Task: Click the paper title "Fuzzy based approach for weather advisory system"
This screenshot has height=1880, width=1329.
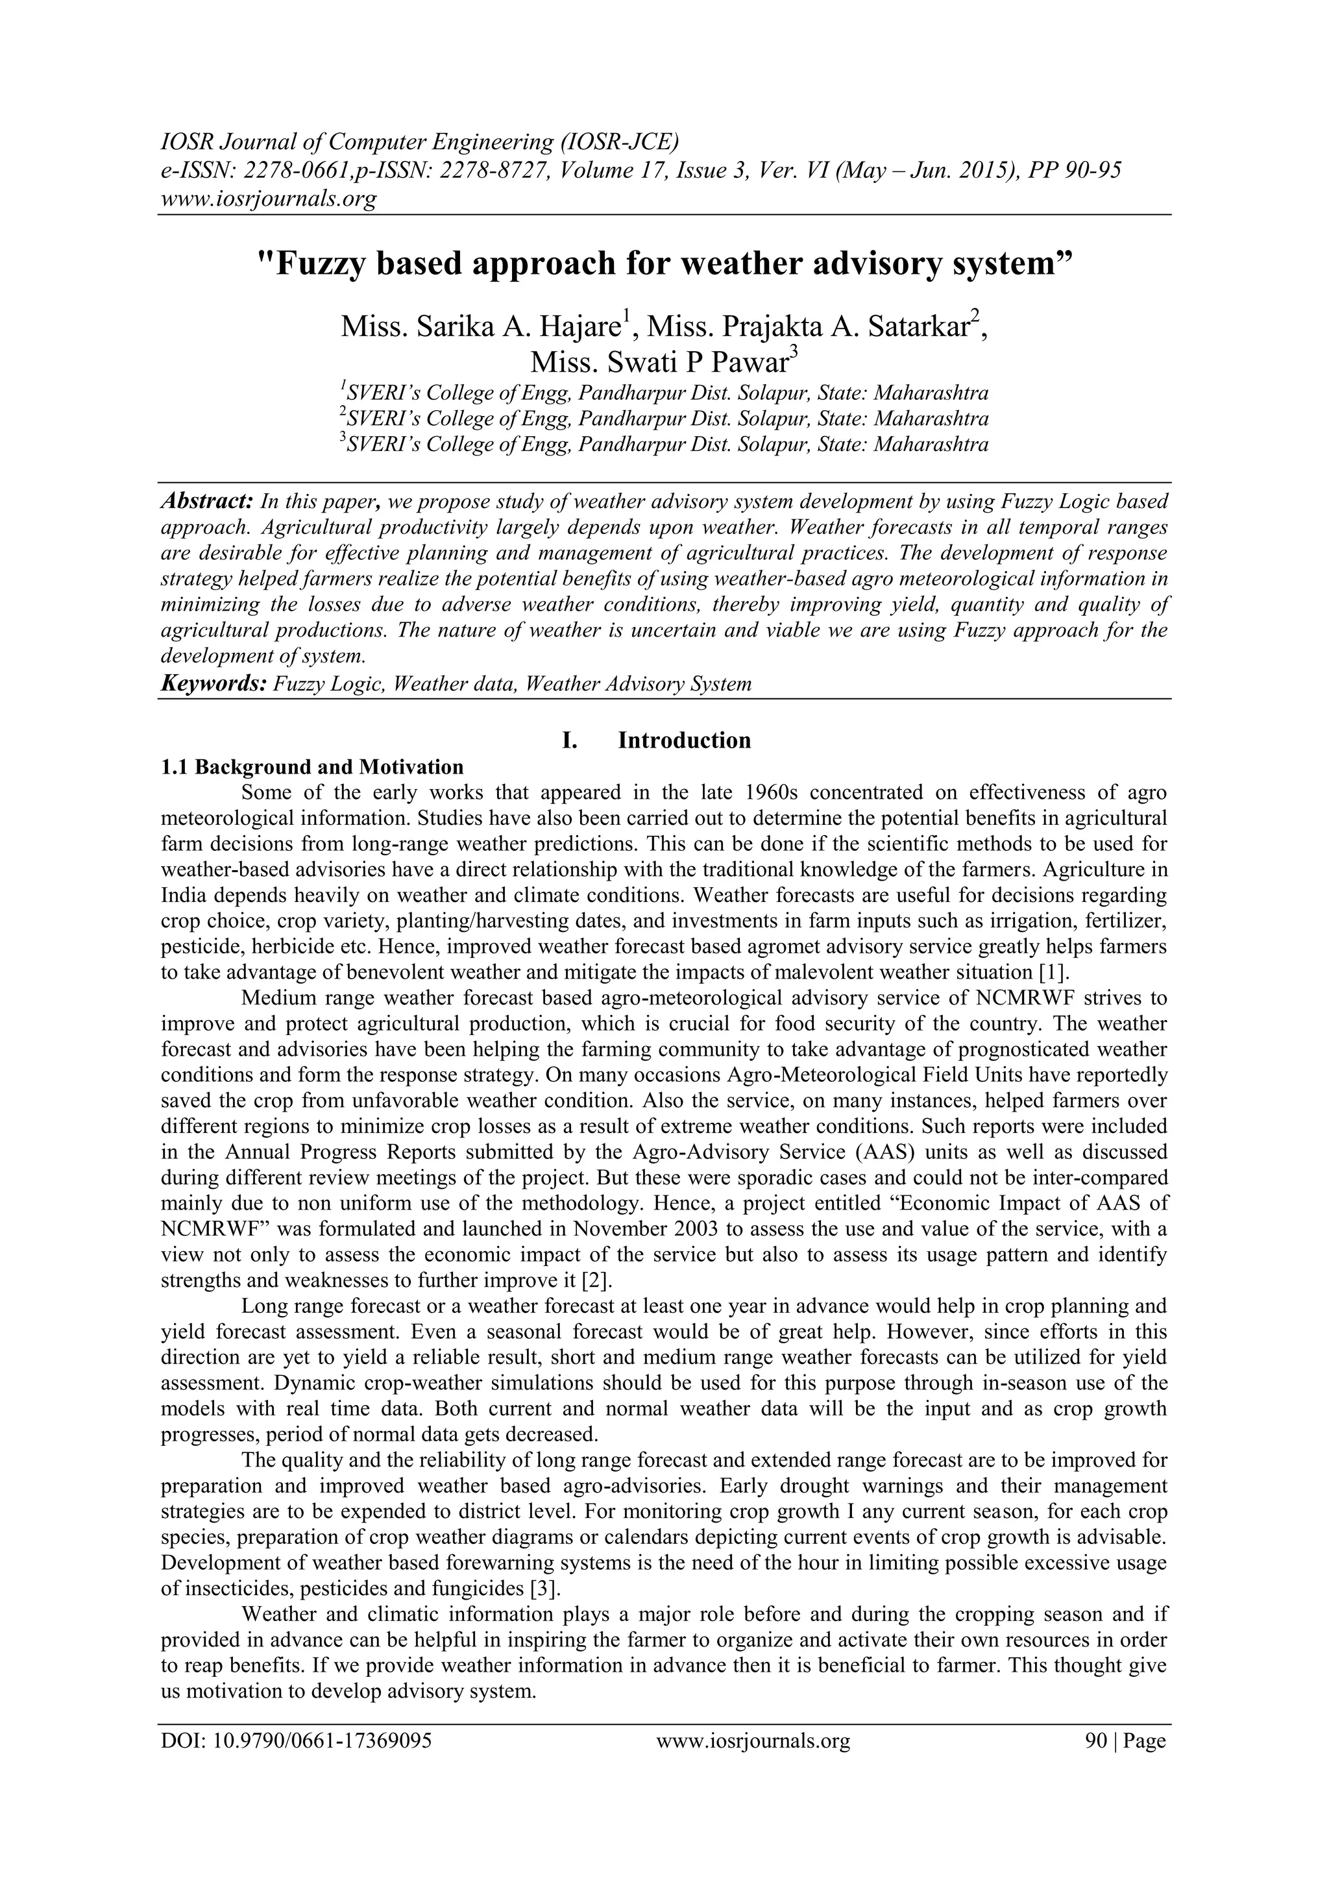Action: click(x=664, y=263)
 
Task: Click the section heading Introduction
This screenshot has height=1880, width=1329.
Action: click(x=684, y=740)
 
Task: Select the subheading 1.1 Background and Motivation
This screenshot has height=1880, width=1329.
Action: click(x=312, y=767)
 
